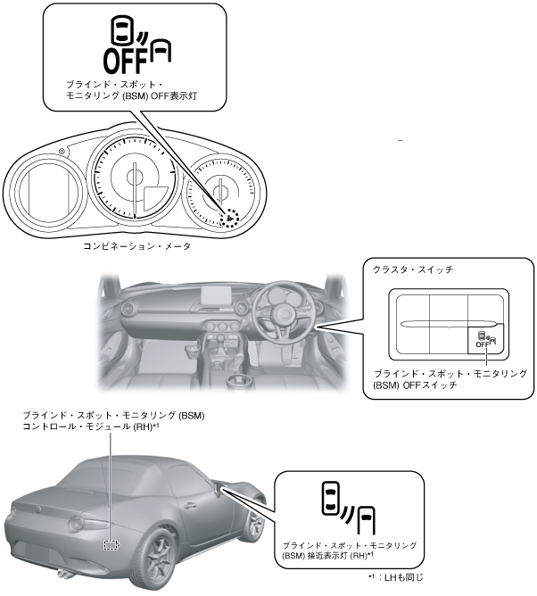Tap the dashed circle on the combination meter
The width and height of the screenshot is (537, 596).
coord(230,217)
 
